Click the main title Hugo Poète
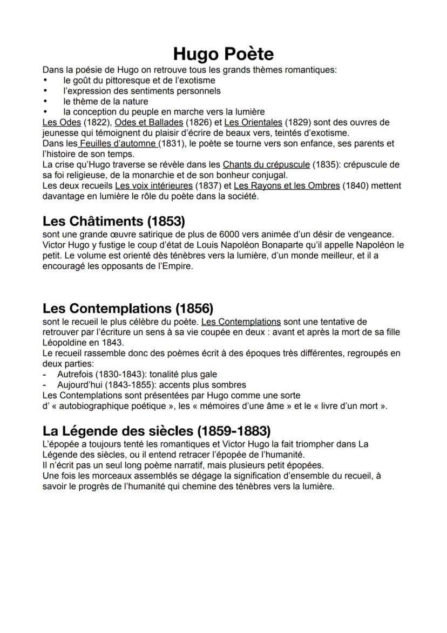pyautogui.click(x=223, y=54)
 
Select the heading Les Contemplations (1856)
pyautogui.click(x=128, y=309)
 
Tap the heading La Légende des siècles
pyautogui.click(x=157, y=431)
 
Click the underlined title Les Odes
pyautogui.click(x=62, y=122)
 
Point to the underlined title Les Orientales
pyautogui.click(x=253, y=122)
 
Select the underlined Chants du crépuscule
pyautogui.click(x=266, y=164)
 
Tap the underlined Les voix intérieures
pyautogui.click(x=153, y=185)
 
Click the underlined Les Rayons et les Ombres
pyautogui.click(x=287, y=185)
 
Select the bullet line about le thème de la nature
pyautogui.click(x=105, y=101)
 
